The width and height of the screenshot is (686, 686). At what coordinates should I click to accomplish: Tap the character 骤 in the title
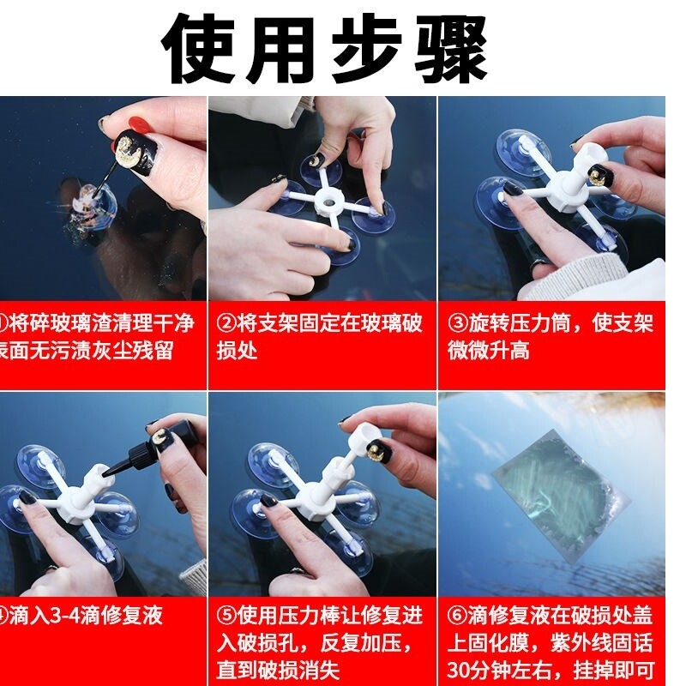click(451, 48)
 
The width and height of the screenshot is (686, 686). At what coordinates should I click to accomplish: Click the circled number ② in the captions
click(226, 323)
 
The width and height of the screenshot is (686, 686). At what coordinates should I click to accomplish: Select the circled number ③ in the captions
click(458, 323)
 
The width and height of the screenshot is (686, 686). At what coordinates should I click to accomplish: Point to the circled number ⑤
click(226, 615)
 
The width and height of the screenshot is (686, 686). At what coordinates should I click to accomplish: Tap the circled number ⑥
click(458, 615)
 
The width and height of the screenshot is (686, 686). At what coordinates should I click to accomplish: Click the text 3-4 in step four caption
click(58, 615)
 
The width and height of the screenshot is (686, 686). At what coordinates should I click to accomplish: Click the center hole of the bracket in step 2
click(328, 202)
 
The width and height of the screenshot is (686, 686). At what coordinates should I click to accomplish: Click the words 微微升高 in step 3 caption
click(488, 351)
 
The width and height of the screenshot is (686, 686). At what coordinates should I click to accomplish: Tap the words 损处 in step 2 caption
click(237, 351)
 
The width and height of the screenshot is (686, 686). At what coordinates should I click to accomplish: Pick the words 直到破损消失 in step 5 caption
click(278, 671)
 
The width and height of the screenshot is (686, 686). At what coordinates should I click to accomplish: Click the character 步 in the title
click(367, 48)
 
